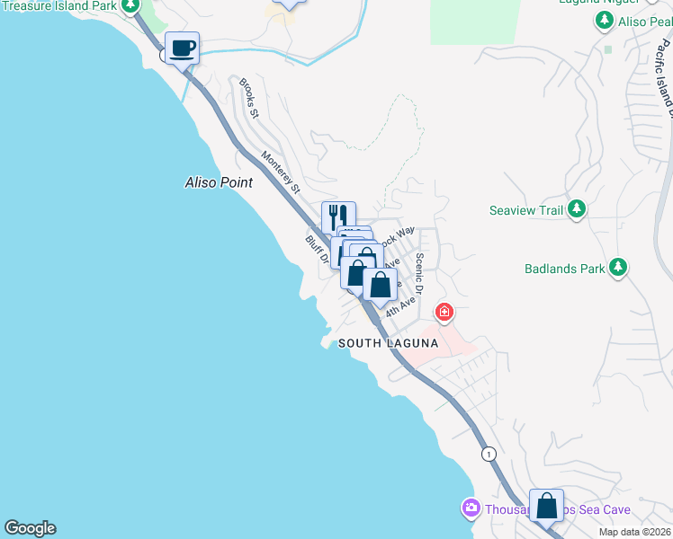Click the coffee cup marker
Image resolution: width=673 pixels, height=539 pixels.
coord(182,49)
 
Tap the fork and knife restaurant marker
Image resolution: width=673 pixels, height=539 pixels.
coord(338,217)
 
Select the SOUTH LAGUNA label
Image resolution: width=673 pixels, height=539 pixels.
coord(388,343)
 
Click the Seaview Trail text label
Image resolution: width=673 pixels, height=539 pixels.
coord(525,210)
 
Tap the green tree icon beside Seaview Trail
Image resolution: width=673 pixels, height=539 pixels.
coord(577,210)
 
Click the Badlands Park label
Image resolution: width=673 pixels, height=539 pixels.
coord(563,268)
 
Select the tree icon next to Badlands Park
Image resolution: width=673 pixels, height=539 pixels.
coord(617,267)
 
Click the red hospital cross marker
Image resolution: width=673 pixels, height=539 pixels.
coord(444,313)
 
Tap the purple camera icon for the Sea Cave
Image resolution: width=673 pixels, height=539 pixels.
coord(470,509)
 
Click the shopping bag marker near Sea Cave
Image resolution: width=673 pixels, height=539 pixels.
coord(546,506)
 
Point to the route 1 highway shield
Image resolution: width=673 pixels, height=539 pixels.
coord(488,454)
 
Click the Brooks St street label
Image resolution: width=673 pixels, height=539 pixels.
coord(248,98)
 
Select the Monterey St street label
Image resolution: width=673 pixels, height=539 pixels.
coord(280,172)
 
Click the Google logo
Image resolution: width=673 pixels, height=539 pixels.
coord(30,528)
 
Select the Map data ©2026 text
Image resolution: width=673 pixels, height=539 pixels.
coord(634,532)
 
